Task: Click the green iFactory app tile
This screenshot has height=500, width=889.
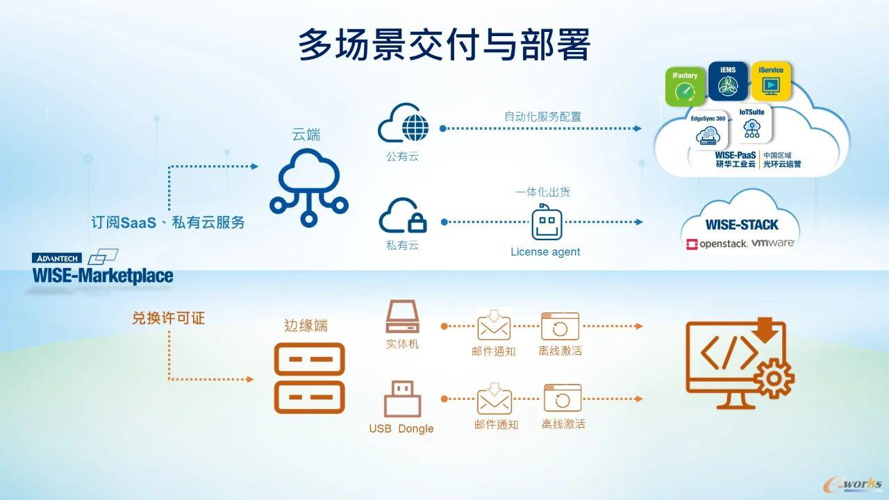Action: (x=685, y=87)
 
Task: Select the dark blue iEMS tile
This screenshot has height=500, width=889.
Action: (x=728, y=81)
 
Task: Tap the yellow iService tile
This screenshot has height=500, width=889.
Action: (x=771, y=81)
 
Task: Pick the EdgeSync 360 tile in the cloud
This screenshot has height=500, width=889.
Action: (x=708, y=130)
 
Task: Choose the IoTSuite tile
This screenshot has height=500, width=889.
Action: (x=751, y=124)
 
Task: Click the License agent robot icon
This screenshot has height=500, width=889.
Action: (x=547, y=222)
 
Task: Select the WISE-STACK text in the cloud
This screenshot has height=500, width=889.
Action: (x=741, y=224)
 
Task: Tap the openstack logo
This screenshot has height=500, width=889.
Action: (x=717, y=244)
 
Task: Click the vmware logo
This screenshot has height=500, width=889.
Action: (x=773, y=242)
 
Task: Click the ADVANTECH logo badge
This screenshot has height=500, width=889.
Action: (x=57, y=258)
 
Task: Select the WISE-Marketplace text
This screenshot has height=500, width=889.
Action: (x=103, y=276)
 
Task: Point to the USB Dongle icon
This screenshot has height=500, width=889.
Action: (x=402, y=399)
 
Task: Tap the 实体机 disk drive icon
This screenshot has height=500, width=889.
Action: (x=402, y=316)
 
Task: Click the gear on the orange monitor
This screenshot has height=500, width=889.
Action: (x=774, y=378)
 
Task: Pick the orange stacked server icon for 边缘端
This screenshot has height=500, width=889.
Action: (x=309, y=378)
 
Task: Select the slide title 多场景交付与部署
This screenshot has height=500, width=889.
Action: (x=444, y=44)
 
